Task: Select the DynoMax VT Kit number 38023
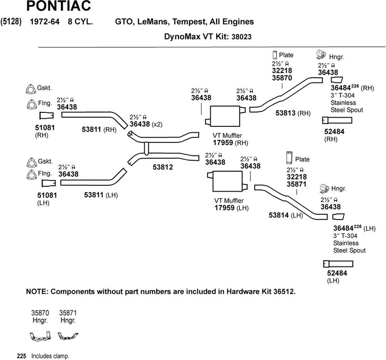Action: [242, 36]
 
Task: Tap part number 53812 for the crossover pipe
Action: [163, 167]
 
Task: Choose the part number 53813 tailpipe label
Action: [286, 113]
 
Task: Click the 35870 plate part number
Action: [282, 77]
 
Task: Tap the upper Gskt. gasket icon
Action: [30, 90]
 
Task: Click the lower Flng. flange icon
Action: [30, 174]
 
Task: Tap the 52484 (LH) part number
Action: [337, 273]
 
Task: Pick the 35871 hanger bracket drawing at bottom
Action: [68, 335]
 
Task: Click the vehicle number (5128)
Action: [11, 22]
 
